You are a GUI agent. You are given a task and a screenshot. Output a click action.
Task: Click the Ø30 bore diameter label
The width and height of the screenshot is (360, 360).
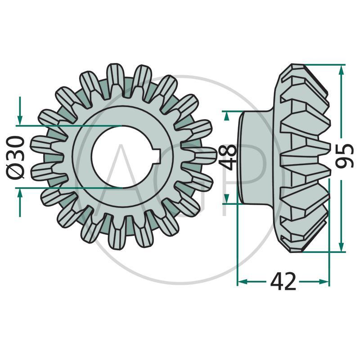coord(15,157)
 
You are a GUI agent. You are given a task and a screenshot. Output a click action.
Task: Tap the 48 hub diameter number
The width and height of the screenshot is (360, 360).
coord(228,157)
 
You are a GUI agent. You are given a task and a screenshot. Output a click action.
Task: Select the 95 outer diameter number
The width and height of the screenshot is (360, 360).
coord(344,156)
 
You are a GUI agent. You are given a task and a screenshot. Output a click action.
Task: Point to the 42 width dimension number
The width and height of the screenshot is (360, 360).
coord(283,281)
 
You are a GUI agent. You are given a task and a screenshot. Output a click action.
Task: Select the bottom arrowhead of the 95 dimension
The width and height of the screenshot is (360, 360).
coord(342,247)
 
